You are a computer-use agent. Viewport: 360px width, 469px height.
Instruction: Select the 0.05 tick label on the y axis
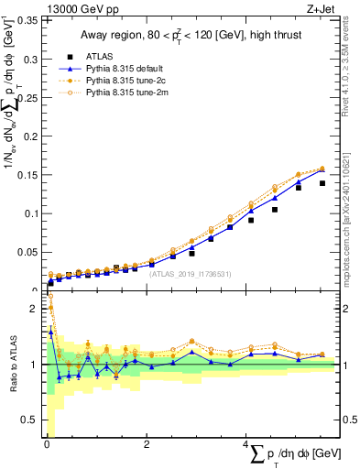click(x=29, y=252)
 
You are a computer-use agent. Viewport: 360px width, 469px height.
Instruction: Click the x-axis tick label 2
click(x=147, y=444)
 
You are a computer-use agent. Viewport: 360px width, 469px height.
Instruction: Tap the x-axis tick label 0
click(x=47, y=444)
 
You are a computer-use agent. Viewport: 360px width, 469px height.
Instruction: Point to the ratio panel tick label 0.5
click(x=32, y=420)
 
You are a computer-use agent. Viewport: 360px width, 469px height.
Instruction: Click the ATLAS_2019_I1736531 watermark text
click(x=191, y=273)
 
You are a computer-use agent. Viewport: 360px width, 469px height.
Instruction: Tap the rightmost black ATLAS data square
click(x=322, y=183)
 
